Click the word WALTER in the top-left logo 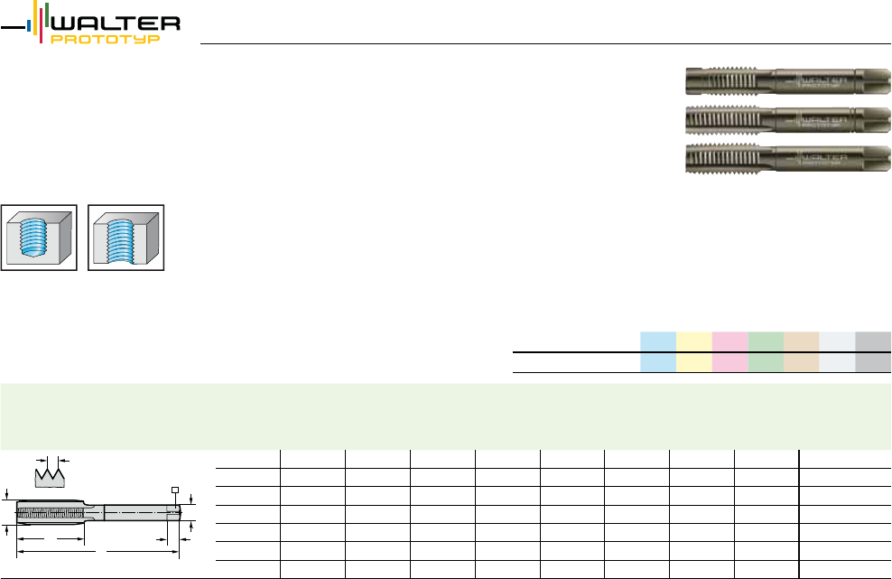click(x=116, y=23)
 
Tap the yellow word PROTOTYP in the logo click(x=106, y=39)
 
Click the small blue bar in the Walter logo click(x=29, y=25)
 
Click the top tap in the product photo click(x=788, y=81)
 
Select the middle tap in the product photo click(x=788, y=119)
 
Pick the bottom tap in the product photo click(x=788, y=158)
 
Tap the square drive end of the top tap click(x=873, y=81)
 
